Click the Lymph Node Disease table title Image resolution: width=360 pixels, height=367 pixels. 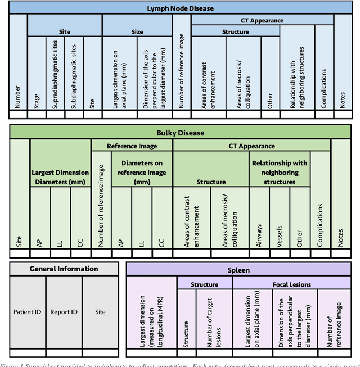(180, 8)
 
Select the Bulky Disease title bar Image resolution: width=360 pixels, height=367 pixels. (180, 133)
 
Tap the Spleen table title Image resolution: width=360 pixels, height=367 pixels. (239, 270)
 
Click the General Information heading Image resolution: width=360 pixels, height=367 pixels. (64, 269)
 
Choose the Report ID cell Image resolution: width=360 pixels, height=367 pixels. (64, 312)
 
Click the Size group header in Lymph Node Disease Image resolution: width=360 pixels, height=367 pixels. (137, 32)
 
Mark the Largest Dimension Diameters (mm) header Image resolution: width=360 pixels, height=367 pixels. (60, 176)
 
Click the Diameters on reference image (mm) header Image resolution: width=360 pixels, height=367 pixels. (142, 173)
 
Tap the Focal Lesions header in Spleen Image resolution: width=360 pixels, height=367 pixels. (291, 285)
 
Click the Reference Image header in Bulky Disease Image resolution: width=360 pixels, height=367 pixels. (132, 146)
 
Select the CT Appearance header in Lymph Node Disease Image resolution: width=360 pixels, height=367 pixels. (262, 20)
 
